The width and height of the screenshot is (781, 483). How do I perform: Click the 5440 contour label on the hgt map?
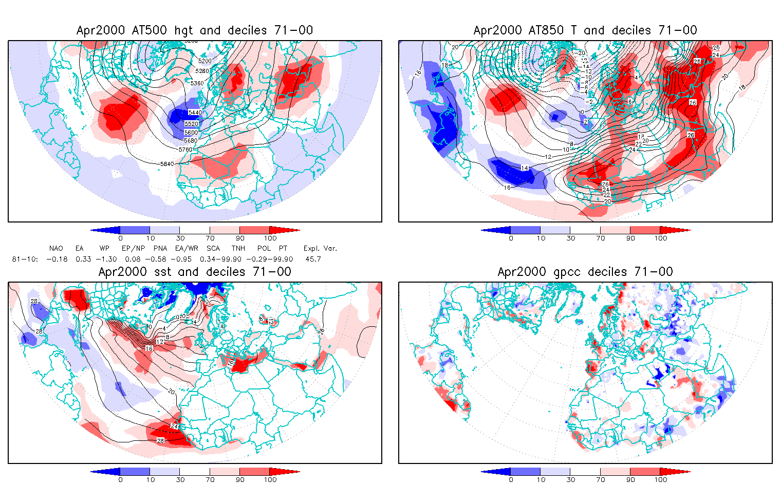pyautogui.click(x=195, y=113)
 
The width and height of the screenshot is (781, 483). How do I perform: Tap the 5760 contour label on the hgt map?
pyautogui.click(x=185, y=150)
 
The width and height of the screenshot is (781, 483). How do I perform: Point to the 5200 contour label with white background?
pyautogui.click(x=204, y=61)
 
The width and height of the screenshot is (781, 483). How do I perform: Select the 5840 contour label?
pyautogui.click(x=167, y=163)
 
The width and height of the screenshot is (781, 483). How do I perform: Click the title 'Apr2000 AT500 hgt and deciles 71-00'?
pyautogui.click(x=195, y=30)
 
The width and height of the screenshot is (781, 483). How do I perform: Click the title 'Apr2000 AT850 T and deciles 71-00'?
pyautogui.click(x=585, y=30)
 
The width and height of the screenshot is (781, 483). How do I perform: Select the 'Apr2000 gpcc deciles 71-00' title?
pyautogui.click(x=585, y=272)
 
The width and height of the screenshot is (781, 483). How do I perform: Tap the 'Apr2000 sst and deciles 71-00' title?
pyautogui.click(x=195, y=272)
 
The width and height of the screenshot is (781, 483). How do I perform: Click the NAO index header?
pyautogui.click(x=56, y=249)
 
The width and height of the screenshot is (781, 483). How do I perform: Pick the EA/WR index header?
pyautogui.click(x=183, y=249)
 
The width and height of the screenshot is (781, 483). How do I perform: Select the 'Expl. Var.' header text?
pyautogui.click(x=320, y=249)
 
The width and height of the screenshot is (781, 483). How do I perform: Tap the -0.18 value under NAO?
pyautogui.click(x=57, y=259)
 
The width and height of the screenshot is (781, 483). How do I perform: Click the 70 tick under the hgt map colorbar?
pyautogui.click(x=210, y=238)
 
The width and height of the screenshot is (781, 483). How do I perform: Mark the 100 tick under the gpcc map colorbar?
pyautogui.click(x=660, y=479)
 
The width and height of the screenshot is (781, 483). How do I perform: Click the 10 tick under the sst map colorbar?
pyautogui.click(x=150, y=479)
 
